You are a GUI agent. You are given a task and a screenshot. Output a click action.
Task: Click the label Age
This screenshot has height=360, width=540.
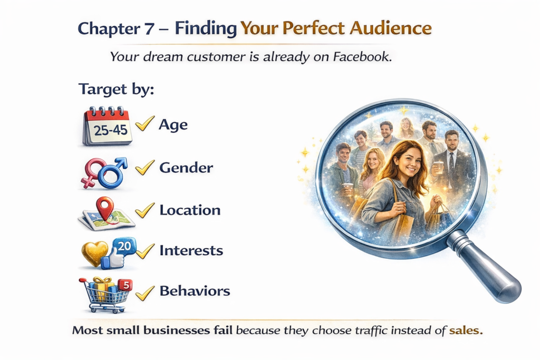(x=173, y=125)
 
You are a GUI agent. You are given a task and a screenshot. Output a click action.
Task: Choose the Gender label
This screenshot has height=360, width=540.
(x=186, y=168)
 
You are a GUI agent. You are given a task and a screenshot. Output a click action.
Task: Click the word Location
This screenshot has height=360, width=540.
(x=190, y=210)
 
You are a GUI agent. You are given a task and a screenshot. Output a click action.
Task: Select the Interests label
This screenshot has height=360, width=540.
(x=191, y=250)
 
